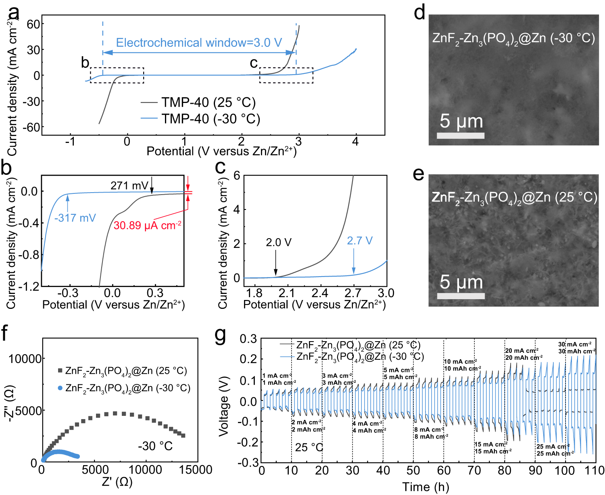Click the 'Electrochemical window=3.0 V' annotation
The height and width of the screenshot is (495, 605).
click(x=199, y=43)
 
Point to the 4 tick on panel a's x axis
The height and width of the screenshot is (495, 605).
click(x=355, y=142)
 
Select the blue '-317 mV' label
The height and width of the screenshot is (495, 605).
click(x=75, y=218)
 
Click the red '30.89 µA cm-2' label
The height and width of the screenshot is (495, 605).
click(x=147, y=225)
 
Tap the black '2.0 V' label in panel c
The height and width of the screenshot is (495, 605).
click(x=278, y=242)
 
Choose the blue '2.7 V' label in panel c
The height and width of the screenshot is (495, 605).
click(x=360, y=241)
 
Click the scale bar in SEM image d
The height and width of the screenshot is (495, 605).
click(x=461, y=136)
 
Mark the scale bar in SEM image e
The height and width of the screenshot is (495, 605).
click(x=461, y=296)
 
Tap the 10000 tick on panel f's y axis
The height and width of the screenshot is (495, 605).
click(x=25, y=359)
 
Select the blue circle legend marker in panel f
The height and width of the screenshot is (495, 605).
click(x=60, y=388)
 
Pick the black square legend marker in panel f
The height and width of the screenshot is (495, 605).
click(x=60, y=371)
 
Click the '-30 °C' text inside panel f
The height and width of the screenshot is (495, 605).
click(x=155, y=446)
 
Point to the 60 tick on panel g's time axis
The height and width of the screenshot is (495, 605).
click(x=444, y=470)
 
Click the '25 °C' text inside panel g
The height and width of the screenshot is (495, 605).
click(x=309, y=447)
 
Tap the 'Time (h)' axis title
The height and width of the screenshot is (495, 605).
click(x=426, y=487)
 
